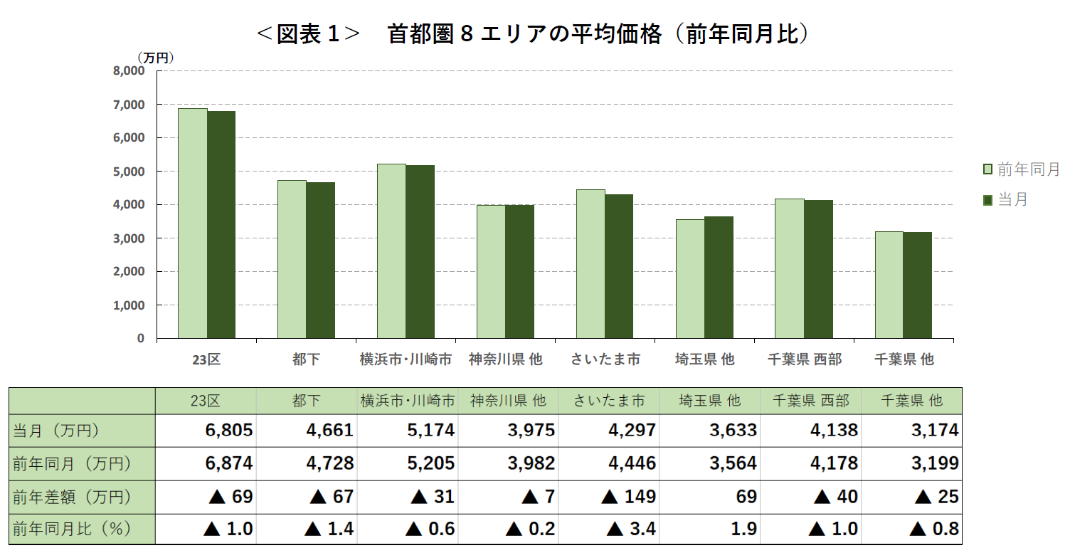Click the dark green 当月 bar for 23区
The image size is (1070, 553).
point(221,224)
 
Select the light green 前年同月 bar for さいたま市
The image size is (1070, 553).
point(590,263)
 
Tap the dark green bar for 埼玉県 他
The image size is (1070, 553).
point(719,278)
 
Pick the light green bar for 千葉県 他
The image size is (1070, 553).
point(889,285)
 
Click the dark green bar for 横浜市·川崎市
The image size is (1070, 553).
point(420,251)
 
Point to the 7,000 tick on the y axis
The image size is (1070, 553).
point(129,105)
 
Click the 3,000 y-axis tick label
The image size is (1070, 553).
point(129,238)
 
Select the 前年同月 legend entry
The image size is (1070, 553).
point(1022,169)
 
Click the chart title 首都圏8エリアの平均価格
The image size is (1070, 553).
point(534,34)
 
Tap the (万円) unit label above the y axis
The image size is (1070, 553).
point(155,57)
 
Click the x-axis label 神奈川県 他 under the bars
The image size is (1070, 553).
point(505,359)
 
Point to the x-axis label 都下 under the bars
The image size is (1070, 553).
point(306,359)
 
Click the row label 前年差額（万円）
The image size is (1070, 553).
point(71,497)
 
